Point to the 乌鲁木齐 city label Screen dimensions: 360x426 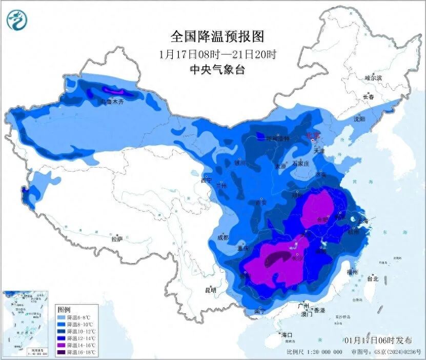point(112,102)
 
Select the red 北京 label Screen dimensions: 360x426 point(313,136)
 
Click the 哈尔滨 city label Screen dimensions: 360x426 point(373,77)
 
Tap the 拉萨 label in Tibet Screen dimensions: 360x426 point(117,238)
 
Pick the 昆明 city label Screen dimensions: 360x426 point(211,290)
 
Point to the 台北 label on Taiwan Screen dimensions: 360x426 point(372,279)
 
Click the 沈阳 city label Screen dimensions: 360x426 point(359,119)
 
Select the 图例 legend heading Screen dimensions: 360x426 point(64,310)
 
